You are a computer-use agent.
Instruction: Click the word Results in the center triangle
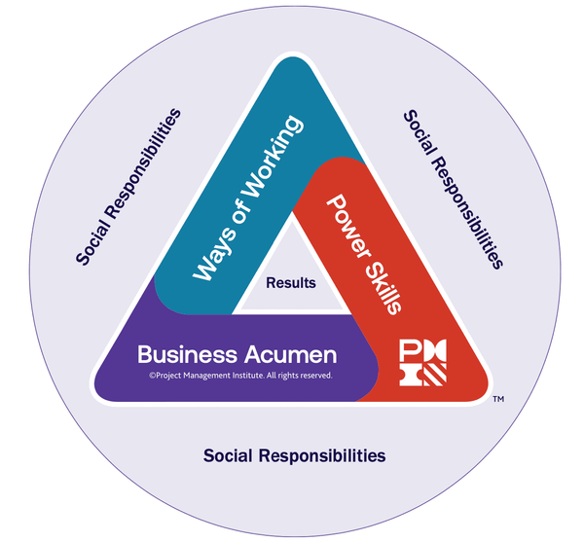click(x=291, y=283)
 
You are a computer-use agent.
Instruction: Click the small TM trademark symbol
click(x=497, y=399)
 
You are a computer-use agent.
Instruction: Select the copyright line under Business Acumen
click(x=240, y=375)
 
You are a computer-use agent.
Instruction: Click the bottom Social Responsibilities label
click(x=294, y=455)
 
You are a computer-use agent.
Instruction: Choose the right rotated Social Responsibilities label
click(x=453, y=189)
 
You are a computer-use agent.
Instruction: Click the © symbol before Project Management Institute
click(x=153, y=375)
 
